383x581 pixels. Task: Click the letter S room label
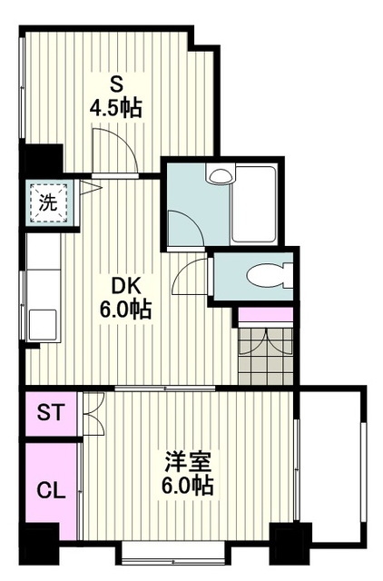tap(116, 85)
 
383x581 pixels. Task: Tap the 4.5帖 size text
tap(116, 108)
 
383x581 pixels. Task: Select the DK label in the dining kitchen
tap(126, 287)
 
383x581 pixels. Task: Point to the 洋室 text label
tap(189, 461)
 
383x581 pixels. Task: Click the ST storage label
tap(51, 412)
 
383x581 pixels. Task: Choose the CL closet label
tap(51, 491)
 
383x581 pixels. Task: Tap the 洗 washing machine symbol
tap(49, 202)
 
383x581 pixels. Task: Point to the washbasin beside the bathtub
tap(221, 174)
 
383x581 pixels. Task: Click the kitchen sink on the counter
tap(43, 324)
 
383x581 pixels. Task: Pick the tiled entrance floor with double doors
tap(266, 356)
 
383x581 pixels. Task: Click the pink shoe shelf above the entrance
tap(266, 314)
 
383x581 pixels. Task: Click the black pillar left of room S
tap(42, 159)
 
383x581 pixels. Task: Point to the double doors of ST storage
tap(93, 414)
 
